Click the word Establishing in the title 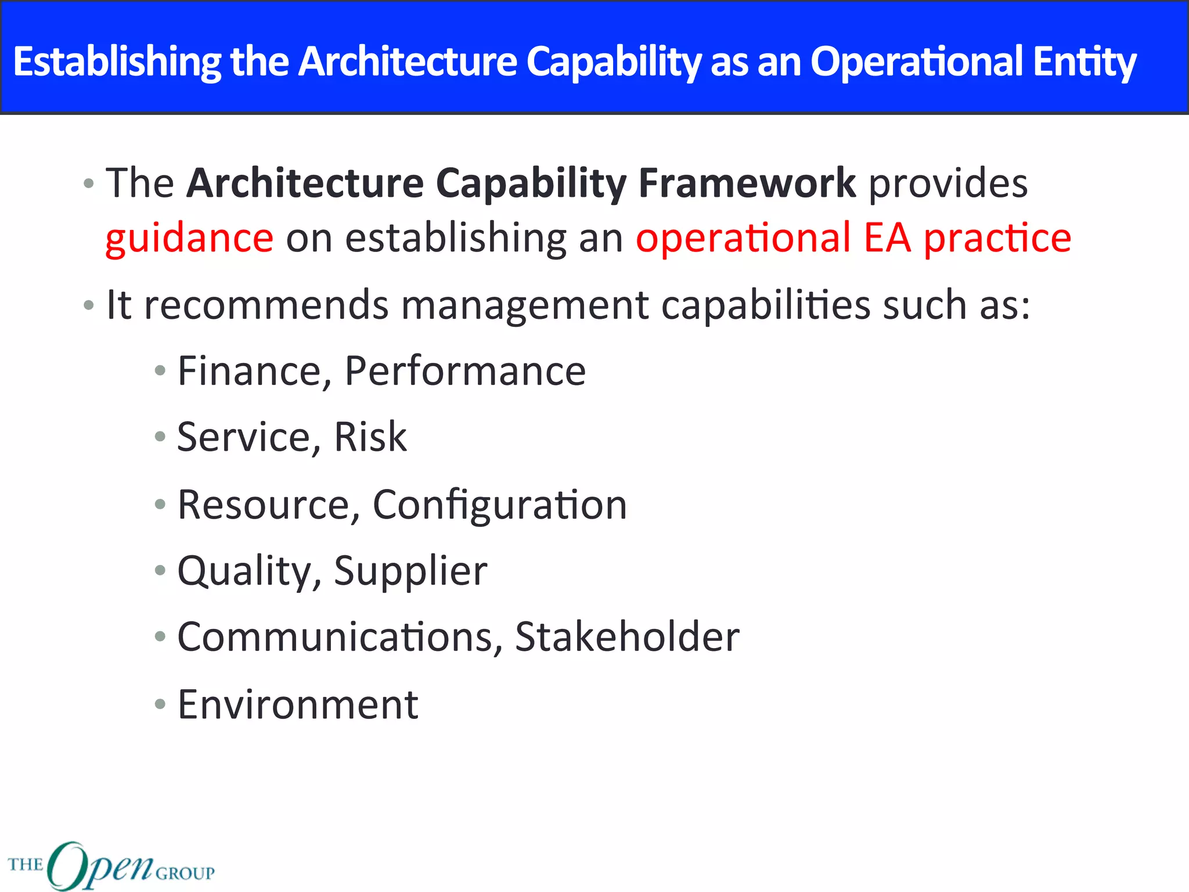[x=117, y=62]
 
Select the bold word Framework [x=747, y=184]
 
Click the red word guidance [x=189, y=239]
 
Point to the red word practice [x=997, y=239]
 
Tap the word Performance [x=465, y=371]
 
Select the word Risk [x=370, y=437]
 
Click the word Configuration [x=499, y=505]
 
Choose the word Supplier [x=410, y=571]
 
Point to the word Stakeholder [x=627, y=637]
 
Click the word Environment [x=298, y=704]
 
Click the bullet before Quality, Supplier [x=160, y=571]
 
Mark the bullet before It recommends [x=89, y=305]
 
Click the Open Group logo [x=111, y=866]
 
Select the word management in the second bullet [x=524, y=305]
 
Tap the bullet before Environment [x=160, y=704]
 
